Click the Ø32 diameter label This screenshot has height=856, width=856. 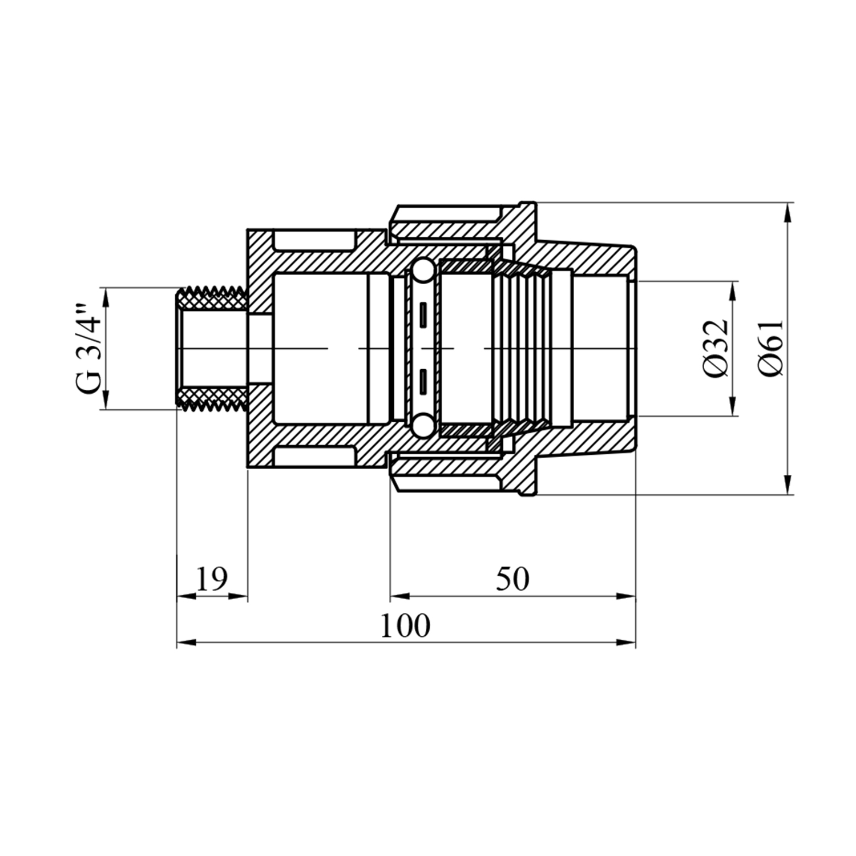(x=716, y=348)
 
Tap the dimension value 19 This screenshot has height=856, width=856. (x=212, y=579)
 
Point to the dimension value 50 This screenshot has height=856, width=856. (x=512, y=579)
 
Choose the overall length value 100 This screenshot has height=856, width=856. (x=405, y=625)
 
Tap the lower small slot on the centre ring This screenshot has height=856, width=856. (x=423, y=381)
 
